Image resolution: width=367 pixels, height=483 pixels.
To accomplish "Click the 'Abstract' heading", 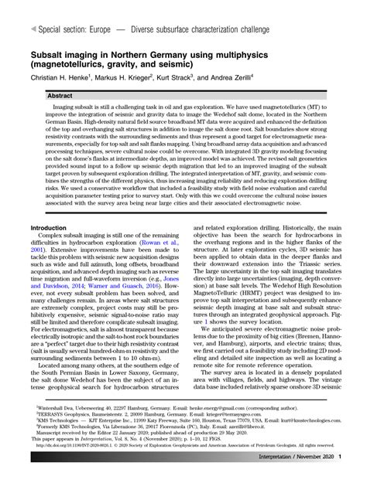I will (50, 96).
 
